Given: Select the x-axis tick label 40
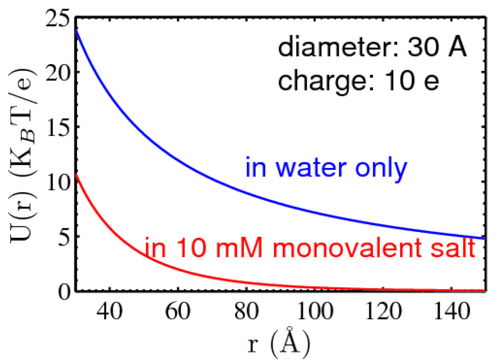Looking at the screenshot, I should tap(110, 311).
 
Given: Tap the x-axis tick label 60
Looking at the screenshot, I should tap(178, 311).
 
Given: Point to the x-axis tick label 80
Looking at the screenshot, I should tap(246, 311).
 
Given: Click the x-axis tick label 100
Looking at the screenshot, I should tap(314, 311).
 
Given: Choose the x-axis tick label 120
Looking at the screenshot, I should tap(382, 311).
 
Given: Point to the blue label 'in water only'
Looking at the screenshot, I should tap(325, 168).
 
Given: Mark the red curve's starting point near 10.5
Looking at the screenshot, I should tap(76, 174).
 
